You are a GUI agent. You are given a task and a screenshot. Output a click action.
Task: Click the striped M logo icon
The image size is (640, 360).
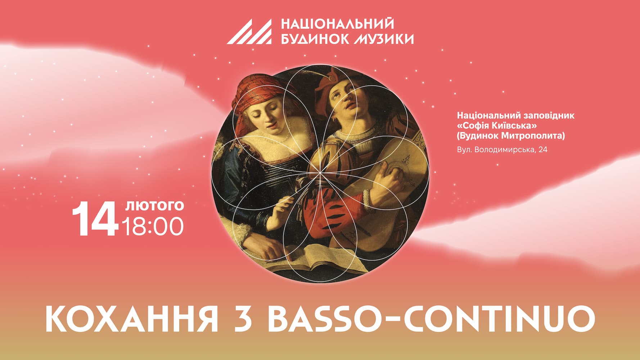pyautogui.click(x=249, y=32)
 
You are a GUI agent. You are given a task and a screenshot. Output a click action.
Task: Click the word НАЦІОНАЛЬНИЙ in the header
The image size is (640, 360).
pyautogui.click(x=337, y=24)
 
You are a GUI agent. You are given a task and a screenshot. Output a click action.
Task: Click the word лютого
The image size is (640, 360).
pyautogui.click(x=154, y=206)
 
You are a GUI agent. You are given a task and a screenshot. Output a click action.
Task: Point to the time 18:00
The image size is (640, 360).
pyautogui.click(x=153, y=226)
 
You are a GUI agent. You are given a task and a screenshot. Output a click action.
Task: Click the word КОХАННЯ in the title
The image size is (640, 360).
pyautogui.click(x=132, y=319)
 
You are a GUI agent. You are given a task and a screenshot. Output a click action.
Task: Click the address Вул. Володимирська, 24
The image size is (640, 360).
pyautogui.click(x=502, y=150)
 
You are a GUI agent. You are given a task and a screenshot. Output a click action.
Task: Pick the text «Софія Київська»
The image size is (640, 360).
pyautogui.click(x=497, y=126)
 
